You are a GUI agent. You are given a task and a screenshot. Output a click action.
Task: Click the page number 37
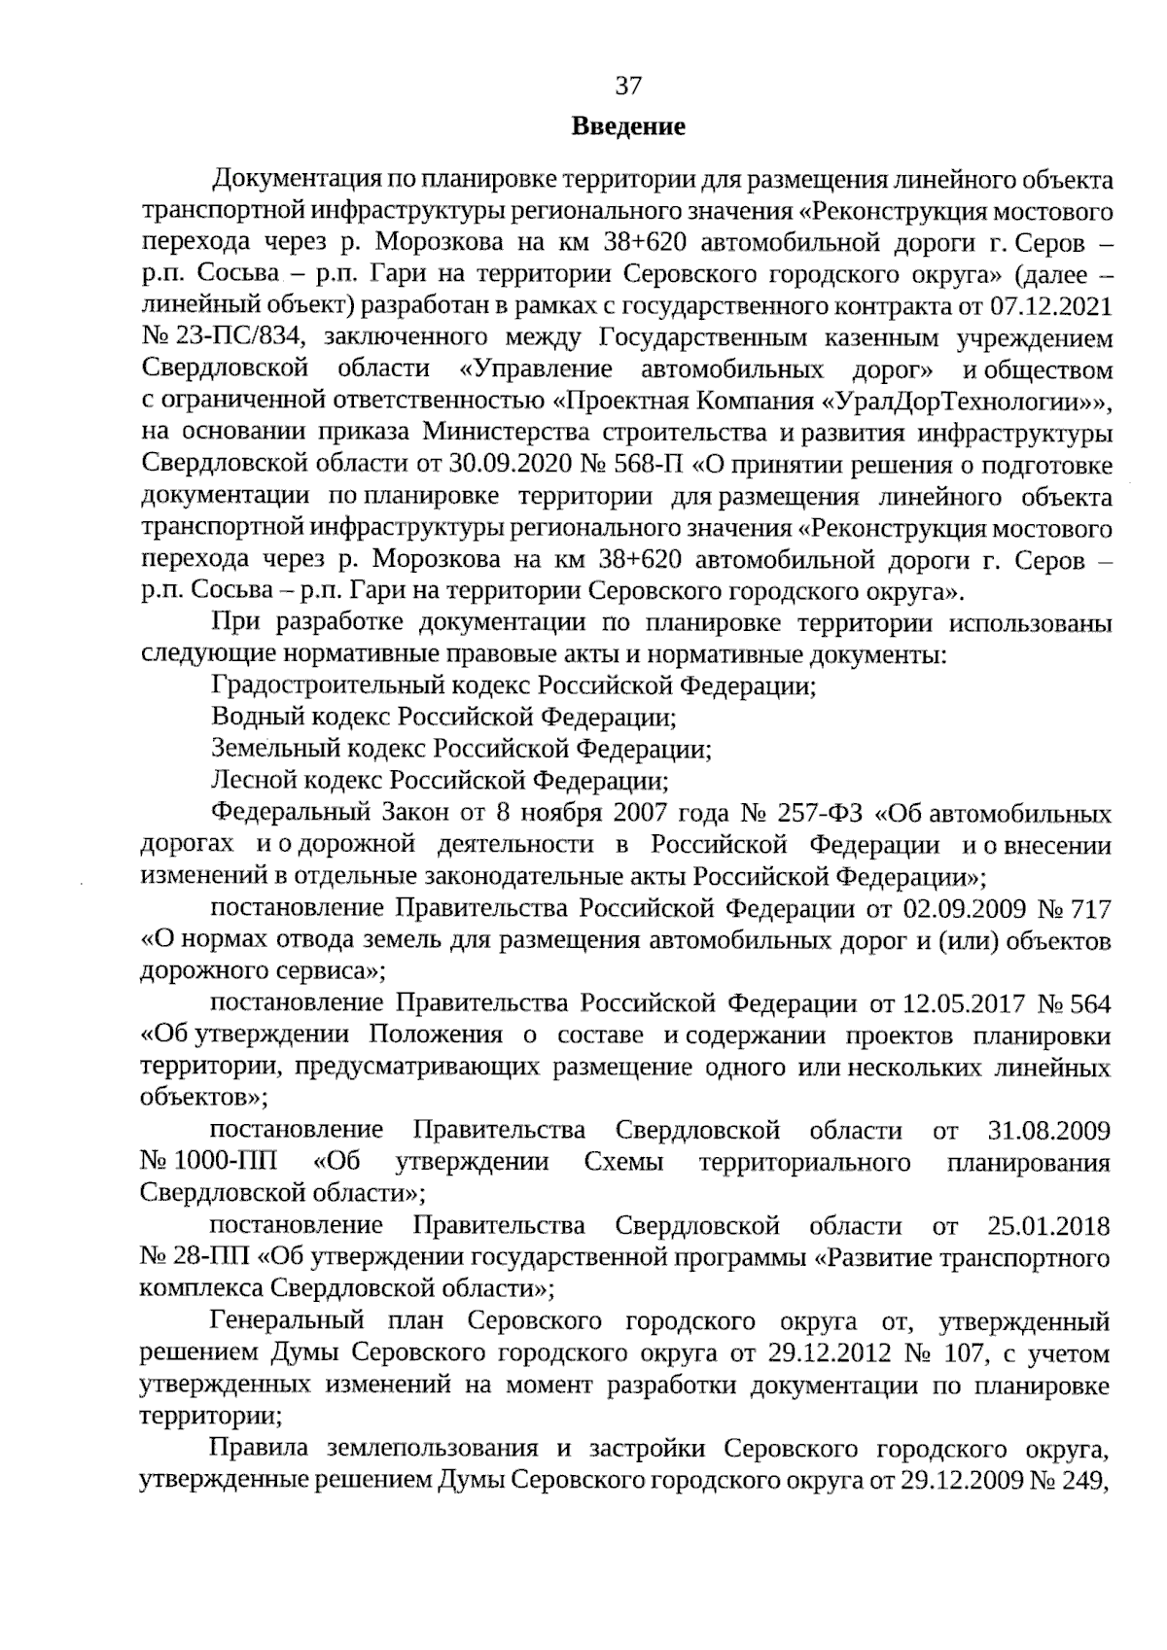628,87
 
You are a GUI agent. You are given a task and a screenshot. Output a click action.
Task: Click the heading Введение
628,126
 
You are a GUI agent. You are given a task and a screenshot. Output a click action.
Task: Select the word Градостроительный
330,686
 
